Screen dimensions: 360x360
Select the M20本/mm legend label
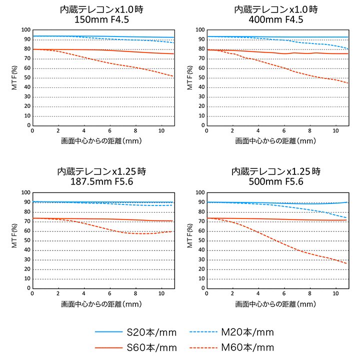click(x=247, y=332)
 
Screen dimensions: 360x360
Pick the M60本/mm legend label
click(x=247, y=347)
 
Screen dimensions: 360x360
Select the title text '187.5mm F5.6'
click(x=101, y=181)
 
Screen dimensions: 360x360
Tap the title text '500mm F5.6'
click(x=276, y=181)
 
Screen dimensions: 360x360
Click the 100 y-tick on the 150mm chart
click(x=25, y=30)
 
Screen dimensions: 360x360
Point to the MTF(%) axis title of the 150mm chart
click(x=14, y=77)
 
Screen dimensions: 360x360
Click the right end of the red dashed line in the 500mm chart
click(x=347, y=263)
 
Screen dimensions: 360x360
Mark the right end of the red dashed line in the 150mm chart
click(x=173, y=76)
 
